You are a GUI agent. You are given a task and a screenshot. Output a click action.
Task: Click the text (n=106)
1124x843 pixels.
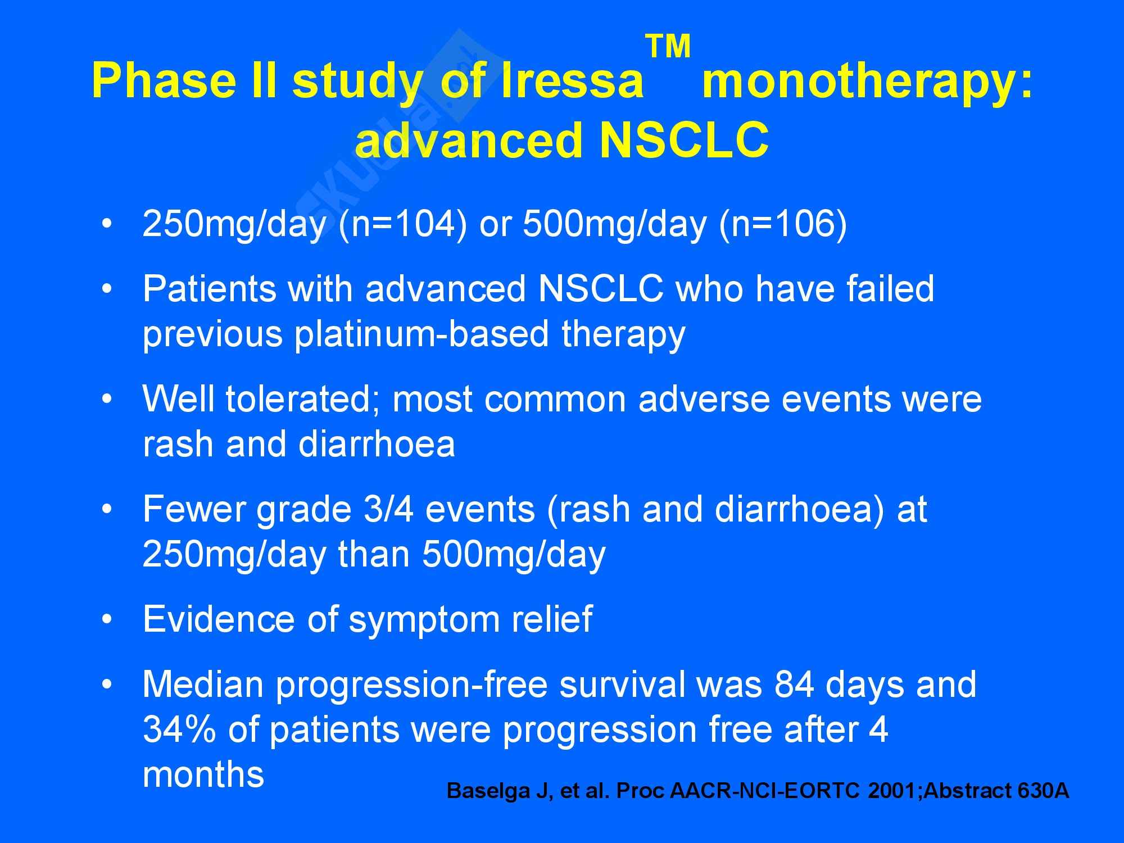tap(783, 224)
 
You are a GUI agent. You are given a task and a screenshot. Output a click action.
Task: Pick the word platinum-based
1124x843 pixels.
tap(422, 336)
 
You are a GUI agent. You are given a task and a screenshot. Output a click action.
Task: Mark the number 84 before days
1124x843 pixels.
tap(794, 685)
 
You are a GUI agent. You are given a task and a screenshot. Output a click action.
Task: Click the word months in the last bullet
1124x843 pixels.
tap(203, 774)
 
